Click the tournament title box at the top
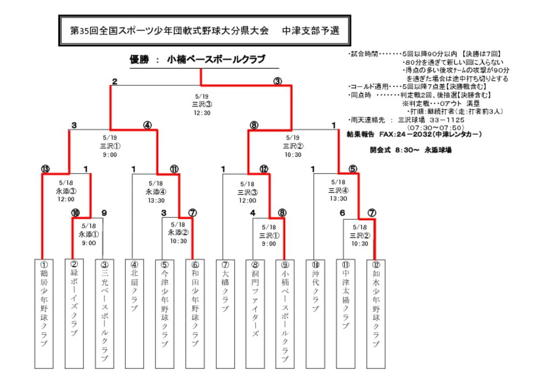(x=204, y=31)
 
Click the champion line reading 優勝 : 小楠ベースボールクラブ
(x=197, y=60)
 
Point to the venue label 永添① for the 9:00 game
(x=89, y=234)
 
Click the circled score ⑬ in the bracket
(x=45, y=169)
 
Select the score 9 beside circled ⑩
(x=104, y=213)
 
